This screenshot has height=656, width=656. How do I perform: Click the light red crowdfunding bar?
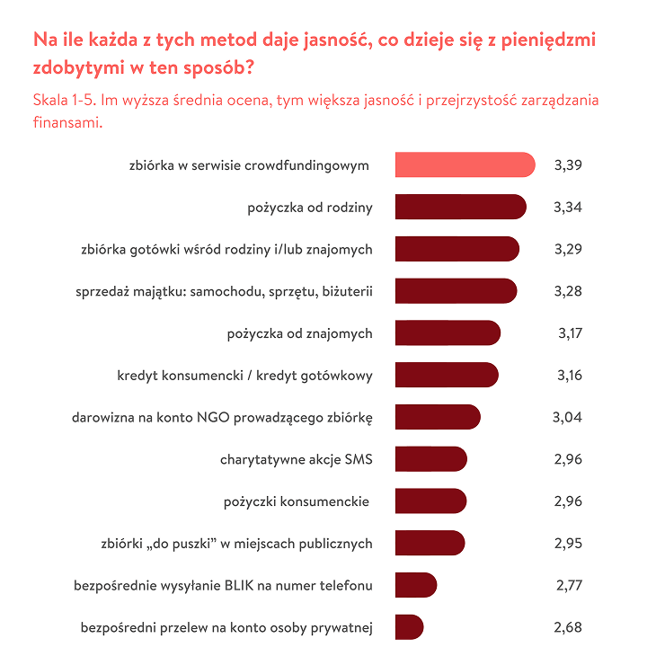465,165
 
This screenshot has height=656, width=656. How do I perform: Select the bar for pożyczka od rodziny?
460,208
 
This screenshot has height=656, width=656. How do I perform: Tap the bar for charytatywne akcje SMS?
430,459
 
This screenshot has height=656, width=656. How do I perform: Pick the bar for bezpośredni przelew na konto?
409,627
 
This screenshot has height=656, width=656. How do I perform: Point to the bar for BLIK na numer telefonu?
415,586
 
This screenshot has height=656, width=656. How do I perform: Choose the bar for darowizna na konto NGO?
438,417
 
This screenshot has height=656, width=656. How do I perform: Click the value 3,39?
569,165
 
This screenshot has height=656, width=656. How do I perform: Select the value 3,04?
567,417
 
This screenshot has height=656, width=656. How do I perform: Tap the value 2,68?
569,627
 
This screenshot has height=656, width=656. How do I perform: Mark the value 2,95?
569,544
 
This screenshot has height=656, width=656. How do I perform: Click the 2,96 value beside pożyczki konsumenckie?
569,501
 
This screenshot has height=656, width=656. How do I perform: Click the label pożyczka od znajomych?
299,333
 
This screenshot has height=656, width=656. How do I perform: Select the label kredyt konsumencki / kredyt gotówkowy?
244,376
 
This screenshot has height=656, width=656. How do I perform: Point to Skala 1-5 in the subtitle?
64,100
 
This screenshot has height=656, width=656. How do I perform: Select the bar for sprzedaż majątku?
456,291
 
